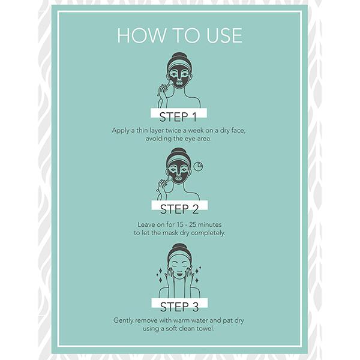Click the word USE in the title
[x=224, y=35]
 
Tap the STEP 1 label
[x=178, y=117]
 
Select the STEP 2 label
[x=179, y=209]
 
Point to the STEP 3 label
[x=179, y=307]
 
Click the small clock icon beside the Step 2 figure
[x=198, y=166]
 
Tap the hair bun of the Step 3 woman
[x=179, y=247]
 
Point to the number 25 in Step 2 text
[x=193, y=224]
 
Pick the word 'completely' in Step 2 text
[x=208, y=233]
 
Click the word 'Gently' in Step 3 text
[x=124, y=320]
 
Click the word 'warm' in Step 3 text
[x=181, y=320]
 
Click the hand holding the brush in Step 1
[x=163, y=92]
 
